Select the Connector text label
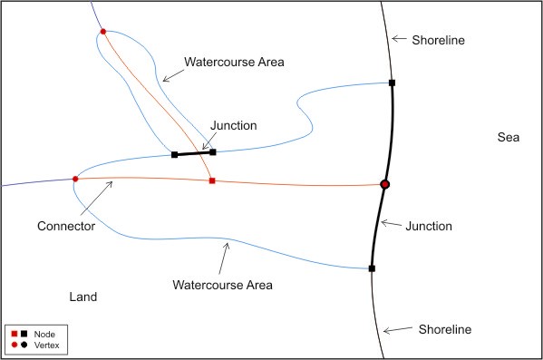click(x=66, y=225)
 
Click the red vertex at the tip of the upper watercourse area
click(x=102, y=32)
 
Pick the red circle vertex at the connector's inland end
click(x=75, y=179)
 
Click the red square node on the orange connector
click(x=212, y=181)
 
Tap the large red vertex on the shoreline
click(x=385, y=185)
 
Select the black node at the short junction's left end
click(x=175, y=155)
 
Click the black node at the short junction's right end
click(x=213, y=152)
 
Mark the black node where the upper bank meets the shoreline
click(x=392, y=83)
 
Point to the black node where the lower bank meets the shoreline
click(x=372, y=268)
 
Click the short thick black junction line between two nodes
click(x=194, y=153)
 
